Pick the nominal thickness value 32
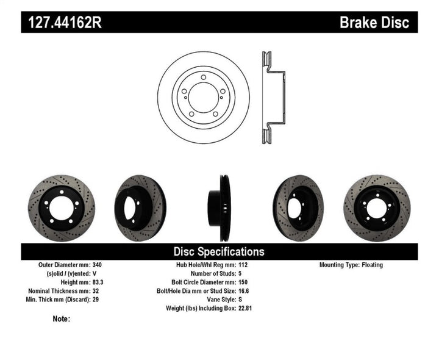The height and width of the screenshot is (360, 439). click(x=96, y=291)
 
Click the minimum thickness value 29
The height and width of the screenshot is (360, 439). click(x=96, y=300)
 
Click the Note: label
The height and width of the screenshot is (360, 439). click(x=62, y=319)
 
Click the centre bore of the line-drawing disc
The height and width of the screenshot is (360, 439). click(x=204, y=96)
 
